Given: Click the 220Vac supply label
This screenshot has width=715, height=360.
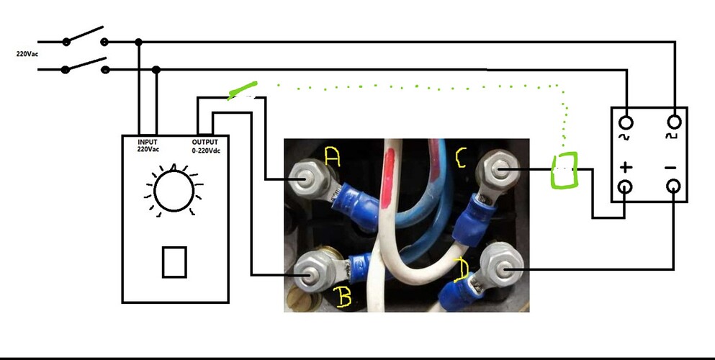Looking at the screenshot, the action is coord(27,54).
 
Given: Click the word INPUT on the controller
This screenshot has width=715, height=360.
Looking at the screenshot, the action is coord(148,142).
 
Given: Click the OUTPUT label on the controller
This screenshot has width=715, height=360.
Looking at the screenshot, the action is coord(204,142).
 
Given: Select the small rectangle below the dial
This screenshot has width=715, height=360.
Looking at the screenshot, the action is coord(175,262).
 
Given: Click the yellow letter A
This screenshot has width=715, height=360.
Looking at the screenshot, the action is coord(333,157).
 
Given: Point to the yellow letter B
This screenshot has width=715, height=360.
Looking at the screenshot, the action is coord(343,297).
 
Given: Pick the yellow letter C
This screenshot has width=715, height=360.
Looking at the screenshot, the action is coord(460,158).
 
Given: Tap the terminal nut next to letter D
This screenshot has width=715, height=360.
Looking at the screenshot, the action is coord(502,269).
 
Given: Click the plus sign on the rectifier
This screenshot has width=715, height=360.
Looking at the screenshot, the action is coord(626,168).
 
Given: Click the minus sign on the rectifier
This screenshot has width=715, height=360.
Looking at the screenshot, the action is coord(671,168).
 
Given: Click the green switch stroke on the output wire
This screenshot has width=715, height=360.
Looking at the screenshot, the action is coord(243,90).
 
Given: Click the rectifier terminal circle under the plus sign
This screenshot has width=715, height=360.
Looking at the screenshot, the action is coord(626,186).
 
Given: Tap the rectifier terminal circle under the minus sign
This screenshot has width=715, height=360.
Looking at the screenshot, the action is coord(673,186).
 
